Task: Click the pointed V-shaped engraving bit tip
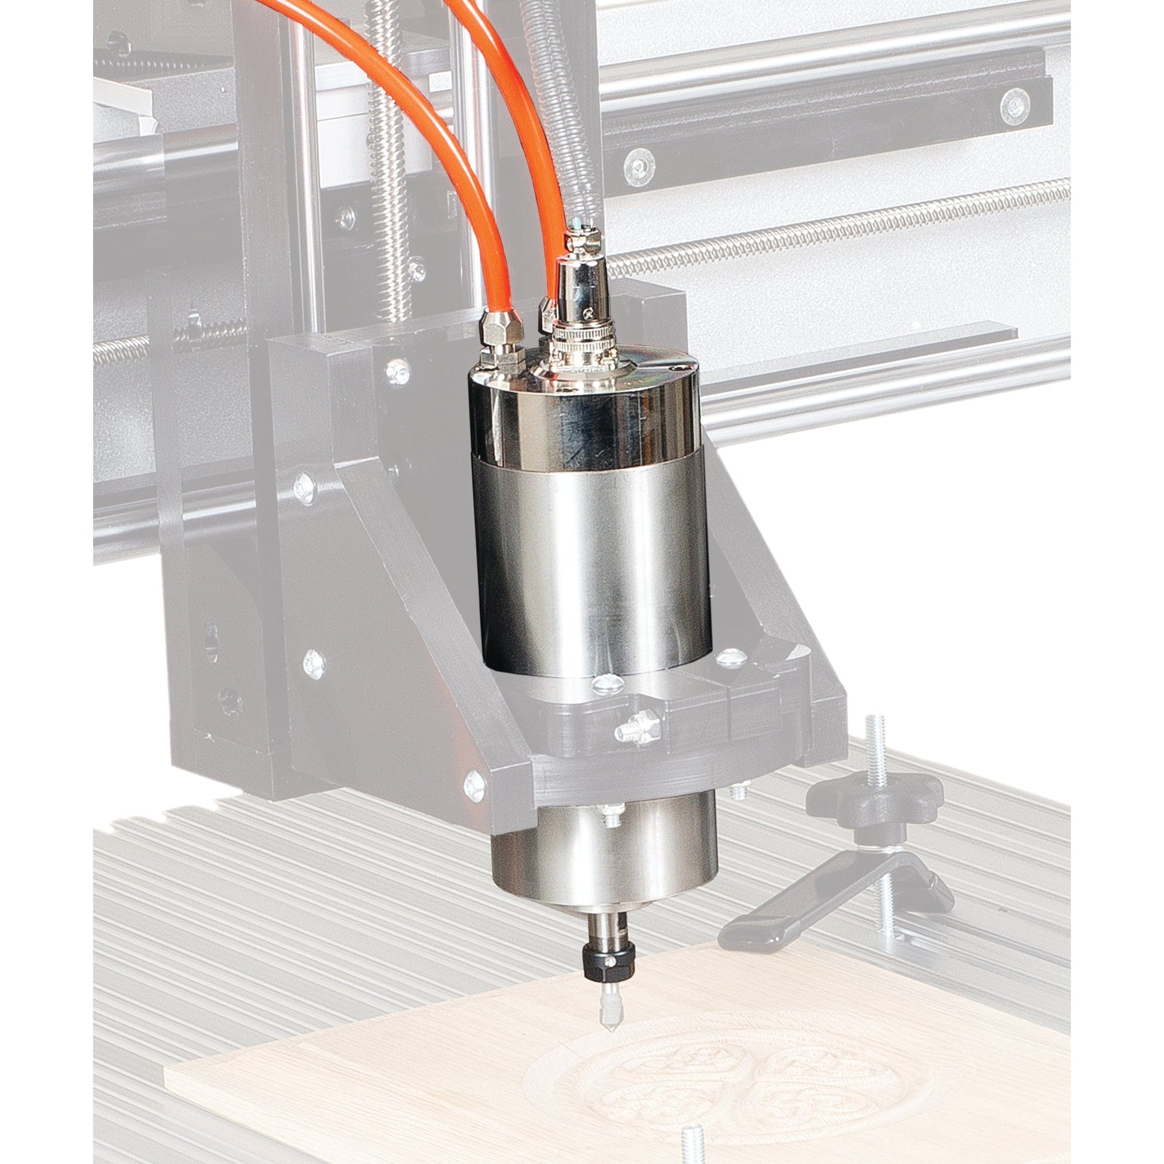click(608, 1005)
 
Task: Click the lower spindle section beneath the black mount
click(602, 855)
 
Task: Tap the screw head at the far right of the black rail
click(1014, 106)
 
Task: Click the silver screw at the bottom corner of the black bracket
click(475, 786)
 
